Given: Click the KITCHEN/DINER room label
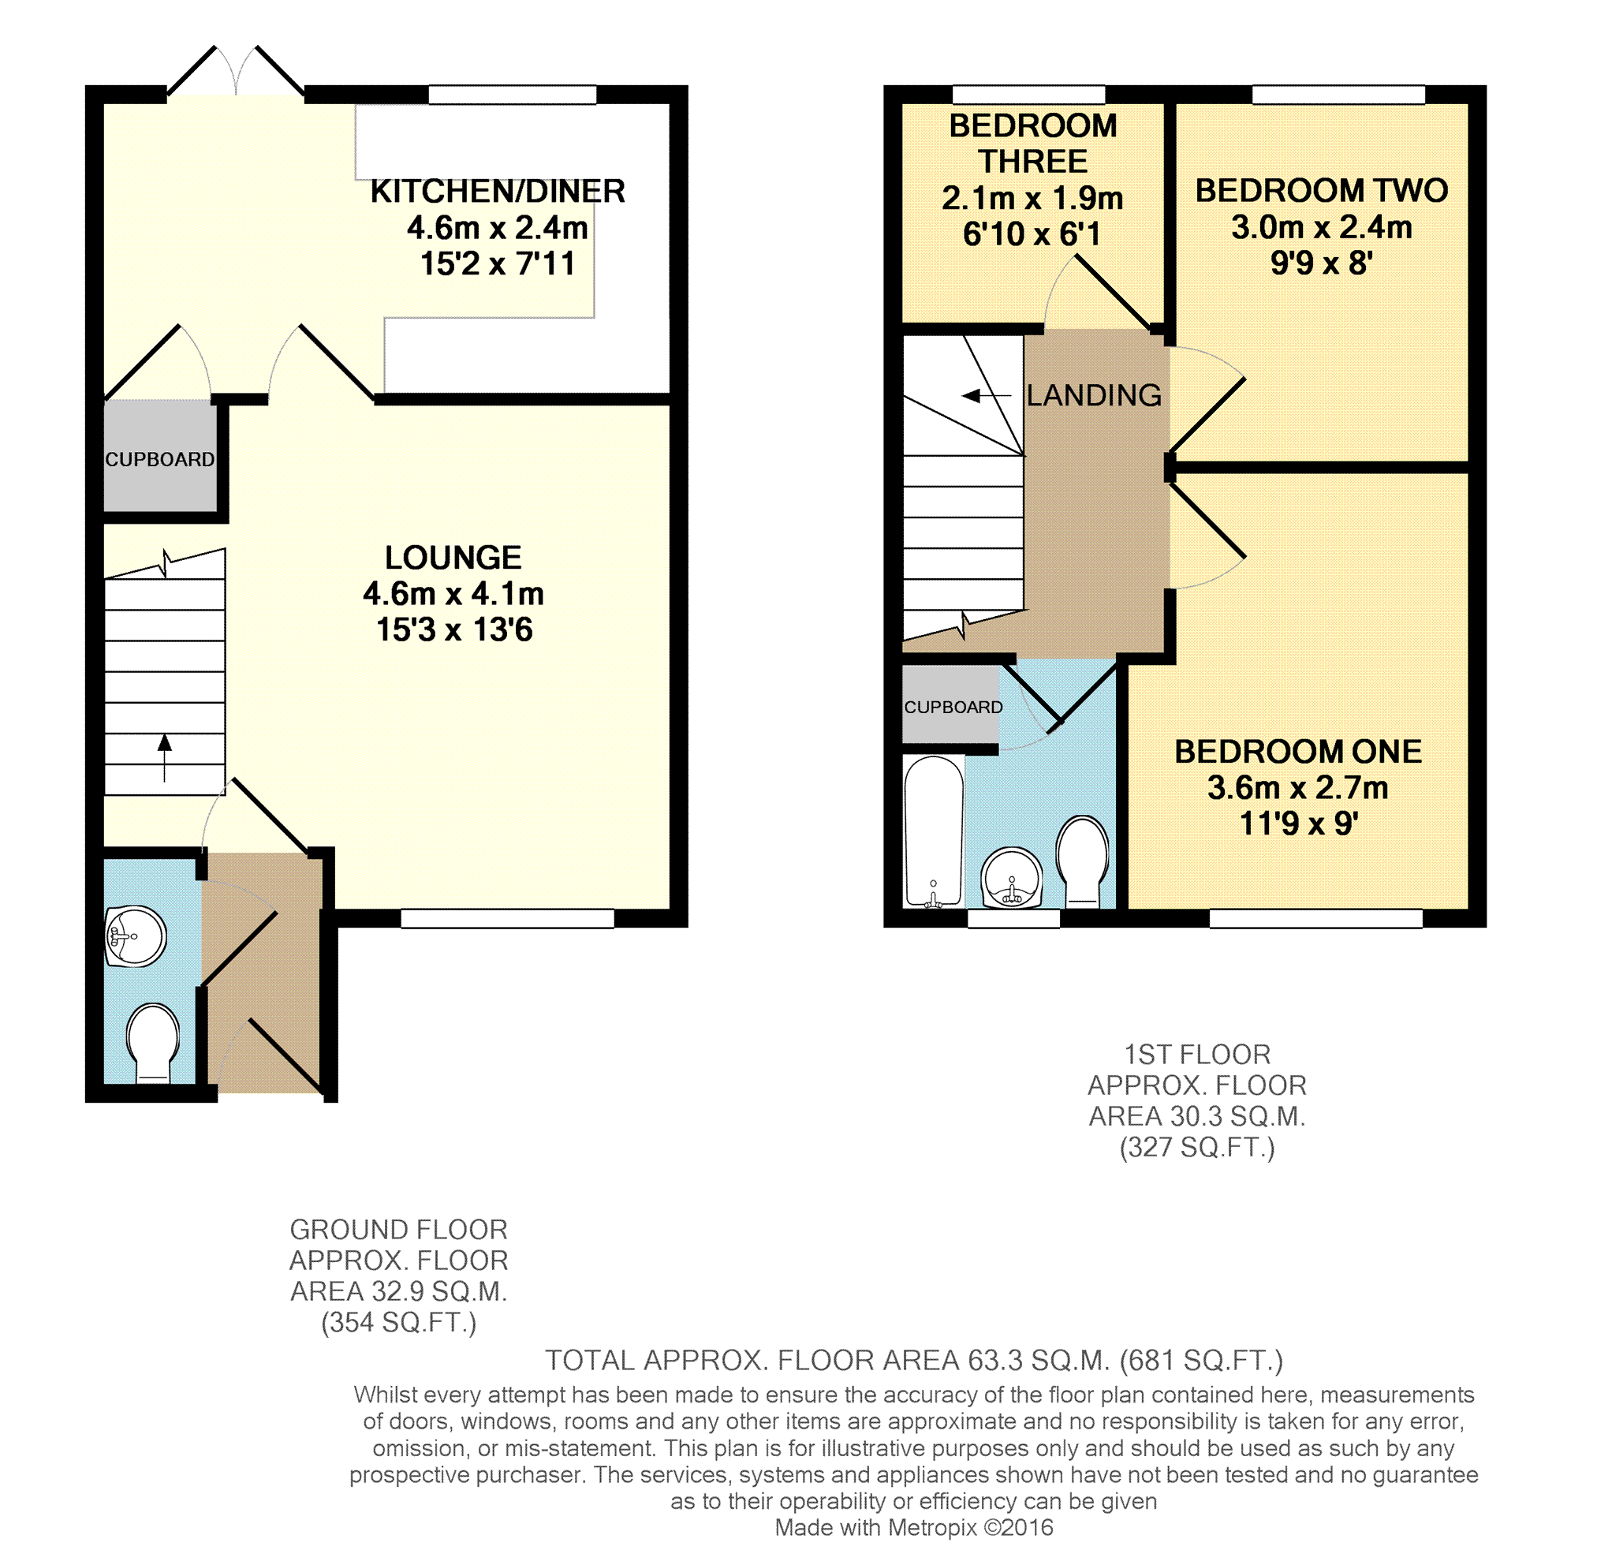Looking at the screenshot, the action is pos(497,192).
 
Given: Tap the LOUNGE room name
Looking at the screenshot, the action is pos(453,558).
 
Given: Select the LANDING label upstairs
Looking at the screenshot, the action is pos(1094,395).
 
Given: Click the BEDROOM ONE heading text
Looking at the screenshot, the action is pos(1298,752).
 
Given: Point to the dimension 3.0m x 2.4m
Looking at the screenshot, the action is pos(1322,227).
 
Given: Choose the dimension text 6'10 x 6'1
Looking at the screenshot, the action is pos(1032,234).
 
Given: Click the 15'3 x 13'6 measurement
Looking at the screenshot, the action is pos(453,630).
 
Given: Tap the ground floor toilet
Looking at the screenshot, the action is pos(152,1042).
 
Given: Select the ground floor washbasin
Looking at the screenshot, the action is pos(136,936).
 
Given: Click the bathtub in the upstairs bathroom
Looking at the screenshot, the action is pos(934,831).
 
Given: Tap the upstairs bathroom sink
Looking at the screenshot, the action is pos(1012,878).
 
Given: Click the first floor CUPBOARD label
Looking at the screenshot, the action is pos(953,708).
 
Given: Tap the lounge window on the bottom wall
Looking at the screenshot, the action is pos(508,918).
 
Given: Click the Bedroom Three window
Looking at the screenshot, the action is pos(1028,95).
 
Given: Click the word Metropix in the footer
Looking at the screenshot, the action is pos(933,1528).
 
